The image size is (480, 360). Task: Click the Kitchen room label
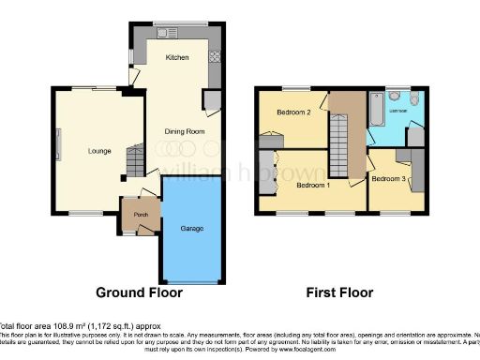[x=177, y=57]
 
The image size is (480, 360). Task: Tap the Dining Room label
[x=185, y=131]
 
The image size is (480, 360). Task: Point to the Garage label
[x=192, y=228]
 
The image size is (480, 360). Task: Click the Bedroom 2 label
[x=293, y=112]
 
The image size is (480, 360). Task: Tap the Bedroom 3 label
[x=388, y=178]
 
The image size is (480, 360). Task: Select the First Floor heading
[x=339, y=292]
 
